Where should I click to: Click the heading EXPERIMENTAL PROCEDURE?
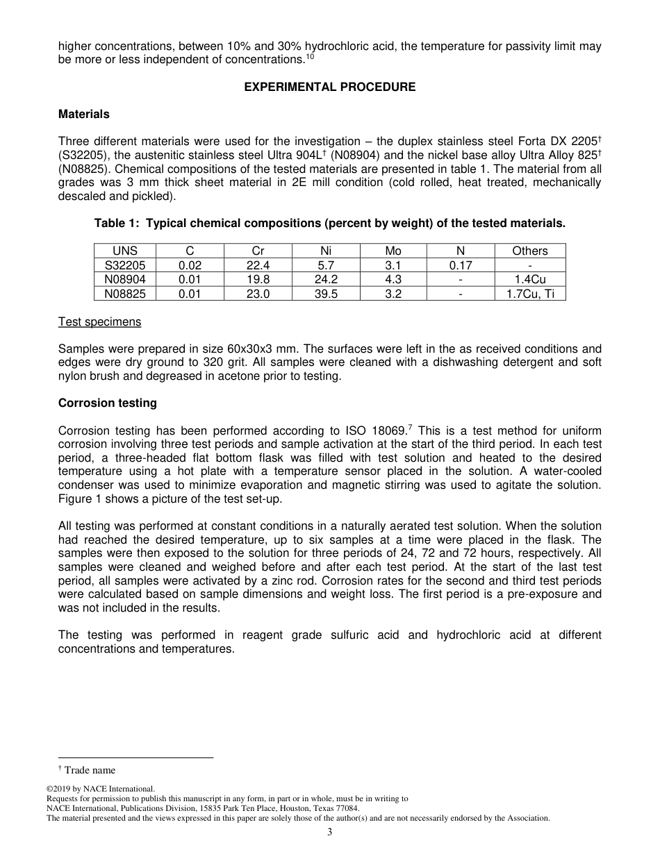pos(330,87)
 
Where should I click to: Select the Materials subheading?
pos(83,114)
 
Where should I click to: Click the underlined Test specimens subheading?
pos(99,321)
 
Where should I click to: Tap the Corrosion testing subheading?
pos(108,403)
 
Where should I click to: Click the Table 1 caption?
pos(330,224)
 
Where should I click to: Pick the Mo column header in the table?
pos(393,251)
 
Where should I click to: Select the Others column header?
pos(529,251)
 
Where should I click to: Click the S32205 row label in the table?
pos(125,265)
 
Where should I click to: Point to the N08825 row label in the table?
pos(125,294)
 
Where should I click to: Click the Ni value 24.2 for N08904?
pos(326,279)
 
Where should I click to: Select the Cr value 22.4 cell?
pos(258,265)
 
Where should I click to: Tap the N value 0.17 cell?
pos(461,265)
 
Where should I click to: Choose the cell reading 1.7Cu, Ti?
pos(529,294)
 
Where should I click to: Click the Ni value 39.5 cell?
pos(326,294)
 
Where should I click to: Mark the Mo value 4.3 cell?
pos(393,279)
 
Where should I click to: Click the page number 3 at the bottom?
pos(330,832)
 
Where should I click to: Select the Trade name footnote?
pos(90,770)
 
